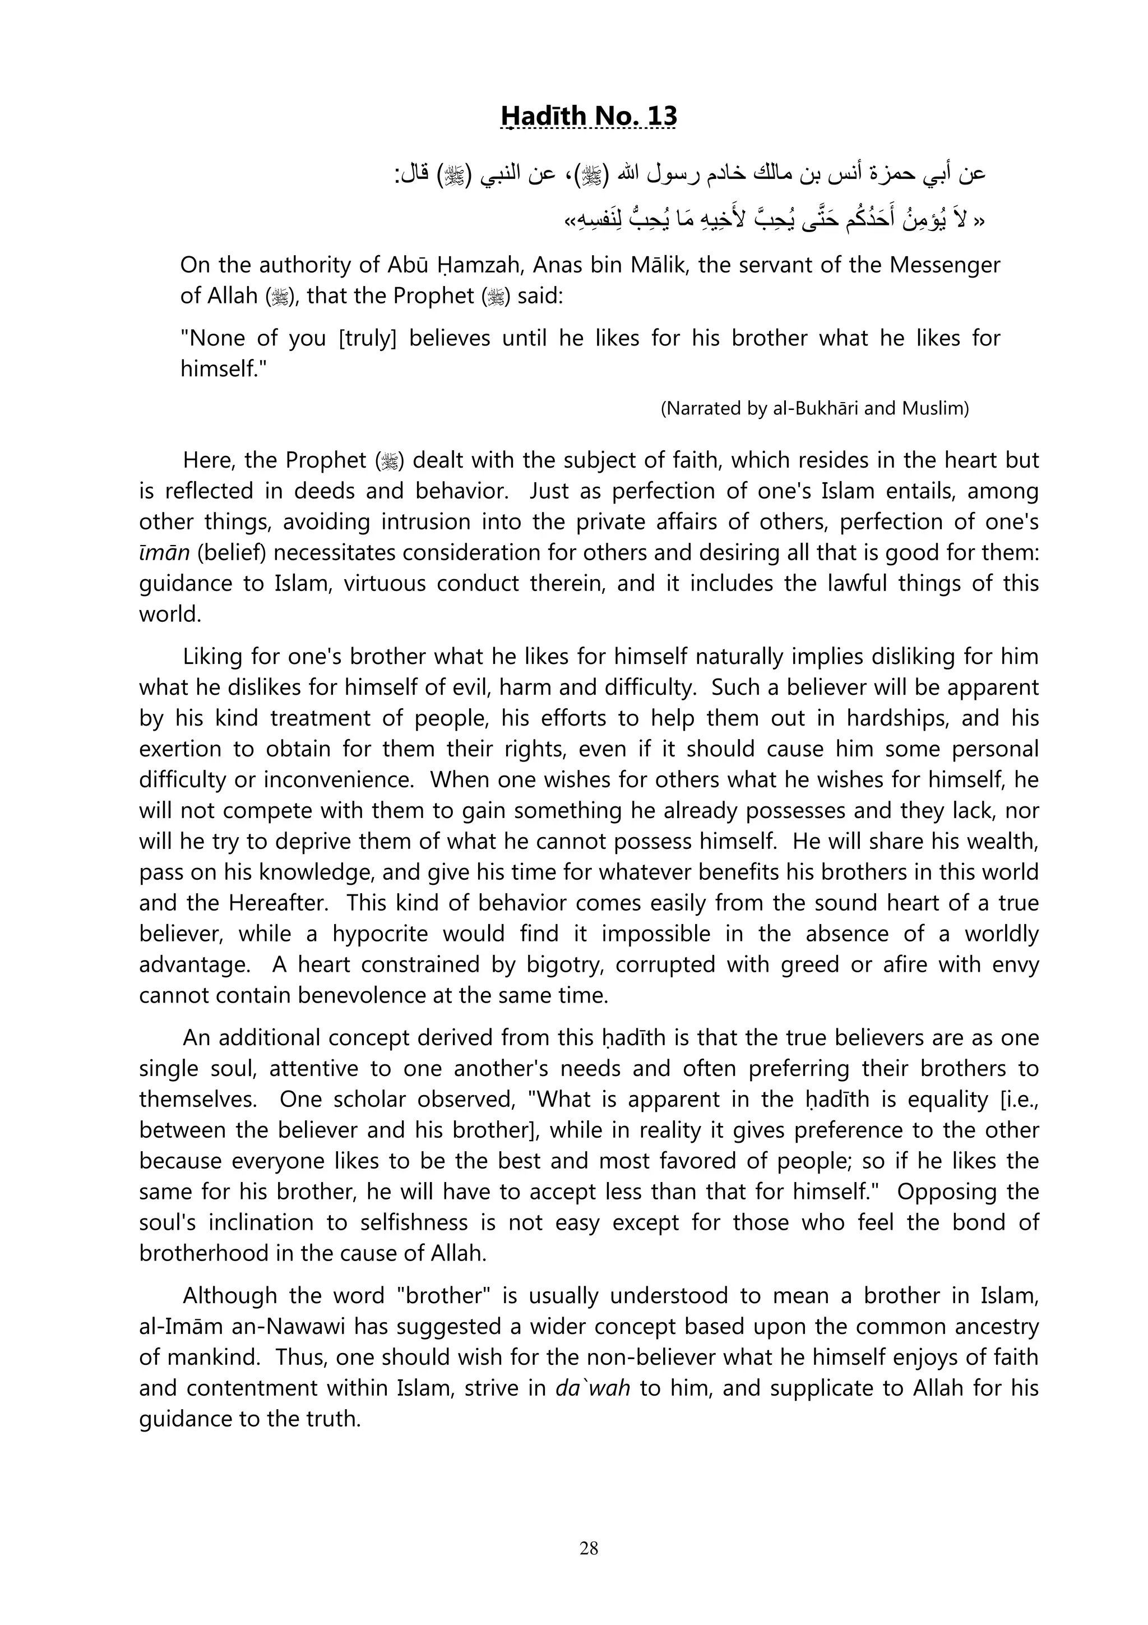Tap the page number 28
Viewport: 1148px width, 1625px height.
589,1549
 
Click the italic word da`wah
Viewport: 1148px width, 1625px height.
592,1388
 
